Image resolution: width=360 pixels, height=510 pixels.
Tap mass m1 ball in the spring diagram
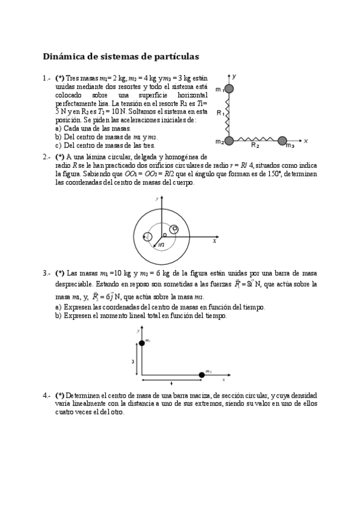(228, 90)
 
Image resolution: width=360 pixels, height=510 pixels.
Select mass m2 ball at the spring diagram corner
(228, 141)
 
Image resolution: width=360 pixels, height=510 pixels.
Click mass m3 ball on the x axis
(282, 141)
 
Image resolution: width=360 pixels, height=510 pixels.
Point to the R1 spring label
(220, 112)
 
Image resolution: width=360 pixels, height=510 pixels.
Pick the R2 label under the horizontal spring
(255, 146)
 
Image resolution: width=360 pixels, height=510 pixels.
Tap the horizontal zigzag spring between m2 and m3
(255, 141)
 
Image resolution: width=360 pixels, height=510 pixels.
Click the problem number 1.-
(46, 78)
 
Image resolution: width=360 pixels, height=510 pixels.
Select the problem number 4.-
(46, 396)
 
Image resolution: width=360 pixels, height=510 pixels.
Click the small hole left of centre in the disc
(148, 237)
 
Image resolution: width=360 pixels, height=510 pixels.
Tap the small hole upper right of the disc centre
(174, 229)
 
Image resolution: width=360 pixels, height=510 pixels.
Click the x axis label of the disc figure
(214, 241)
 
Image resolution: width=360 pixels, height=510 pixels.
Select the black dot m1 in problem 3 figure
(142, 343)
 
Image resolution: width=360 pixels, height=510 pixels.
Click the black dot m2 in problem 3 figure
(201, 375)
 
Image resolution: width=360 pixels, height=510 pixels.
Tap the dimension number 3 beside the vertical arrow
(133, 361)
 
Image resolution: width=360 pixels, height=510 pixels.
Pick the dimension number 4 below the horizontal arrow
(172, 383)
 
